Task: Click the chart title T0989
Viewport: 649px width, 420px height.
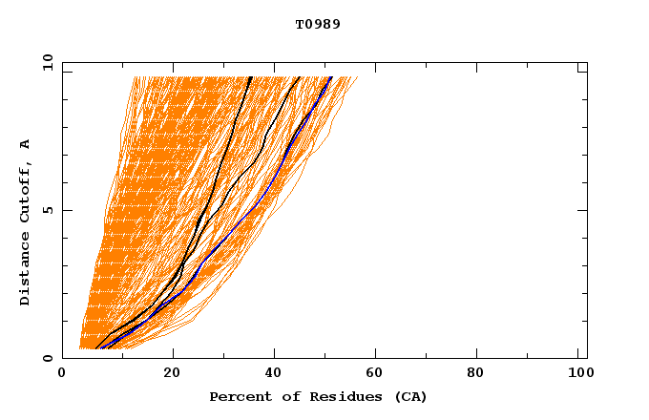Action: coord(318,24)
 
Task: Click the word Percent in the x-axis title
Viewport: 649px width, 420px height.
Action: coord(239,396)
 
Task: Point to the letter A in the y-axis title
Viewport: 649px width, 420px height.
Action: coord(26,144)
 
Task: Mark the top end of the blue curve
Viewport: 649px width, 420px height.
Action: coord(330,77)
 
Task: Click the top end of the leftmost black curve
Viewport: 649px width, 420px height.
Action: coord(250,77)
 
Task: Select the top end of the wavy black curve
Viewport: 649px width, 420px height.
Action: coord(299,77)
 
